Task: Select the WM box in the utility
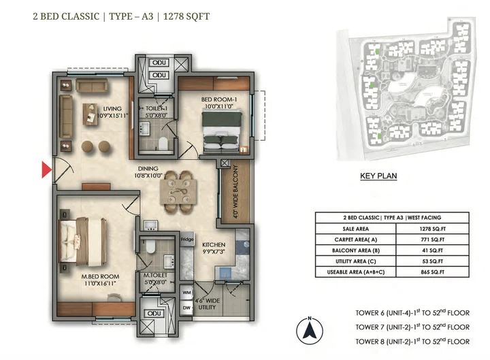[x=187, y=293]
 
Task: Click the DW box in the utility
[x=187, y=308]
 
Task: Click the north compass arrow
[x=308, y=332]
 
